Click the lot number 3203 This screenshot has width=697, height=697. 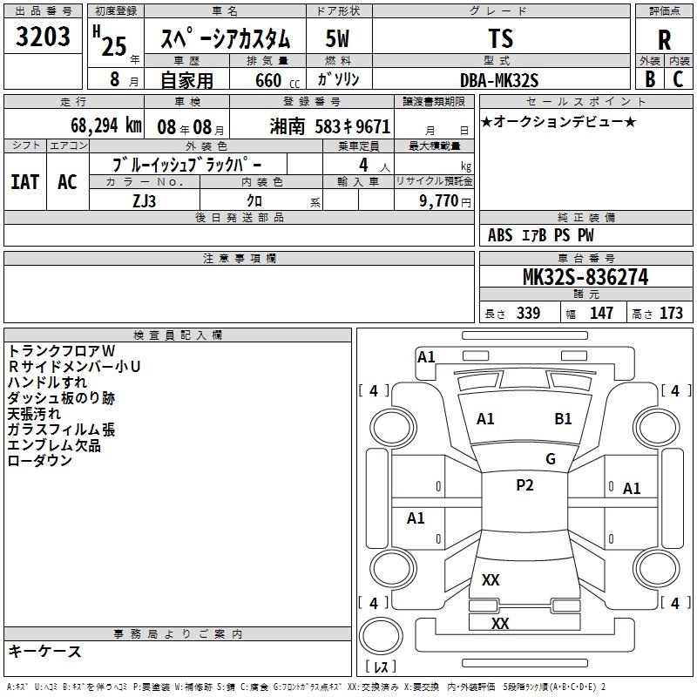[x=43, y=37]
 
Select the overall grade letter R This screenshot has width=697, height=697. [x=664, y=40]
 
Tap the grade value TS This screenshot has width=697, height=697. [x=501, y=38]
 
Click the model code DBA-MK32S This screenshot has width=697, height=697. [x=499, y=80]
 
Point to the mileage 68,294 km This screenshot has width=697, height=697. [x=106, y=125]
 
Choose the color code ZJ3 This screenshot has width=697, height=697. [x=144, y=201]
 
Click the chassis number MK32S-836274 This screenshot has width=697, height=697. [x=585, y=277]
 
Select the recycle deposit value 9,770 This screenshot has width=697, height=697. [x=438, y=200]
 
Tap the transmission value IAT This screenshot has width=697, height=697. [x=25, y=182]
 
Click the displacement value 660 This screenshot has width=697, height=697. [x=268, y=80]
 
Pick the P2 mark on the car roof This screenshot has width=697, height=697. [x=524, y=485]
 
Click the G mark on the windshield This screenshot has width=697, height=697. [x=551, y=458]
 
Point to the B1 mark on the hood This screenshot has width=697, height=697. [x=563, y=419]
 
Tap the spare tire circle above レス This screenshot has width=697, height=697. [x=381, y=636]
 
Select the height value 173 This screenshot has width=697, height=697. [x=671, y=313]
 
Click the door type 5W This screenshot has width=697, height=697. [x=337, y=38]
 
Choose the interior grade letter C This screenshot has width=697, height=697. [x=678, y=79]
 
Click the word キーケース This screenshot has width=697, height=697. [x=45, y=651]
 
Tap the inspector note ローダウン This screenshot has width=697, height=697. [x=40, y=461]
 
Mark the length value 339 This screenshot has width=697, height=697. [x=529, y=313]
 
